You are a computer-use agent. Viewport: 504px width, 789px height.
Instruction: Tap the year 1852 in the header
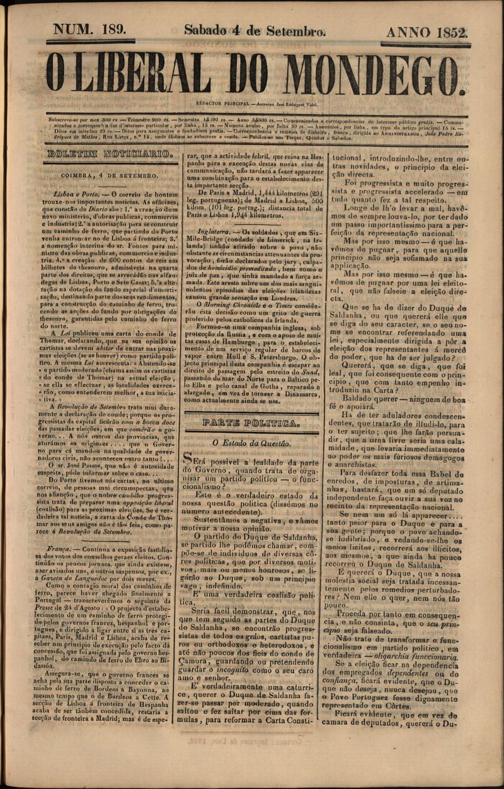coord(448,32)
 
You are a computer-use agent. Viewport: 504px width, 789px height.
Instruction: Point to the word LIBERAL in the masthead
coord(146,72)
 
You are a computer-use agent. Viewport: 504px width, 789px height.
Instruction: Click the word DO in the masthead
coord(246,72)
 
